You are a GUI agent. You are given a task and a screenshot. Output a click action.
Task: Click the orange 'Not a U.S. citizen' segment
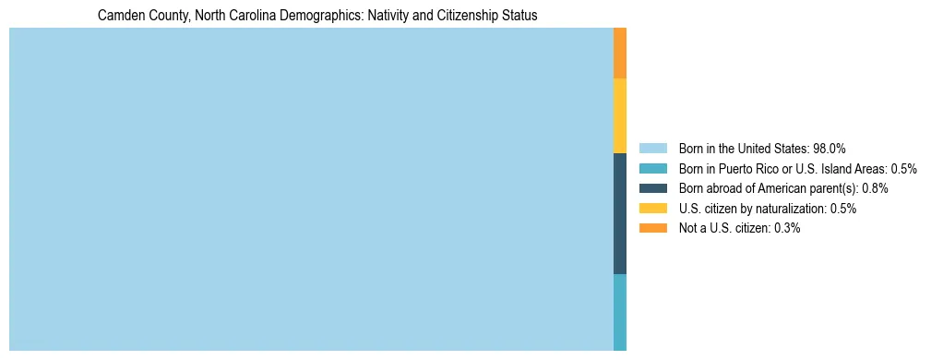[620, 53]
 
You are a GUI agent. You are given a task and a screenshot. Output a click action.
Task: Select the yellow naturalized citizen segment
[620, 115]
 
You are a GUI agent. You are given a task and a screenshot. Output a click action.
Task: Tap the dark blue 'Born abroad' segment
[620, 213]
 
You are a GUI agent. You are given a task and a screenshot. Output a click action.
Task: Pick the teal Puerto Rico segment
[620, 312]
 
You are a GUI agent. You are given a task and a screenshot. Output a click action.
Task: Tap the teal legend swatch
[652, 169]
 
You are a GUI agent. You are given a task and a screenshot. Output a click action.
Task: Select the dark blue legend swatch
[652, 188]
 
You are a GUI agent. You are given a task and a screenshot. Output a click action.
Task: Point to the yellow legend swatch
[652, 209]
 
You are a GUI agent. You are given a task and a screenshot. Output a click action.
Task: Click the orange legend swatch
[652, 228]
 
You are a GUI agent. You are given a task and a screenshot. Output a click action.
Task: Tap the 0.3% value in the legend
[784, 229]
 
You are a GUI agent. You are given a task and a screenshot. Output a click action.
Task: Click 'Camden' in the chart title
[118, 16]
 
